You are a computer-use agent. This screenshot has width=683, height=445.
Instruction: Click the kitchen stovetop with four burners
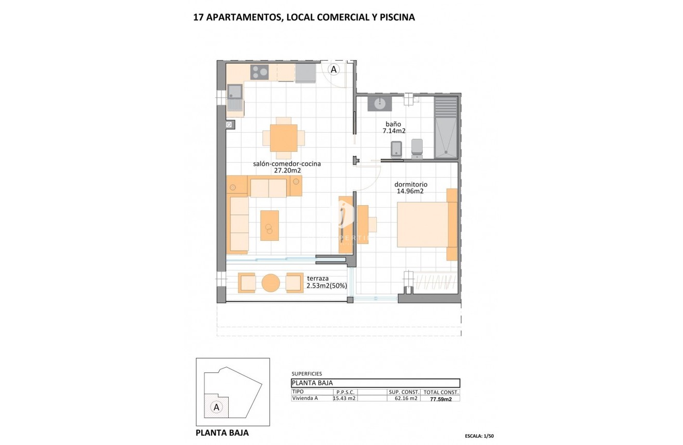(259, 72)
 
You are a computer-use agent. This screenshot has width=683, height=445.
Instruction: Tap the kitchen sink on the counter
(235, 93)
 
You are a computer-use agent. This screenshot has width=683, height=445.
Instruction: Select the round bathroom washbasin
(379, 103)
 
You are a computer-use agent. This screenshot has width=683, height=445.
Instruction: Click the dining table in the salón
(283, 138)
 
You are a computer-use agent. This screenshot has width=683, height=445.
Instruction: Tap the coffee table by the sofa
(269, 225)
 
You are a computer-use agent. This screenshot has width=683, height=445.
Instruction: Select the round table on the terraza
(271, 283)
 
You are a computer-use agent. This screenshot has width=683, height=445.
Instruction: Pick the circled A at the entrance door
(334, 69)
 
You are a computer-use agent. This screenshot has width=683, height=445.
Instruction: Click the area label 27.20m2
(287, 170)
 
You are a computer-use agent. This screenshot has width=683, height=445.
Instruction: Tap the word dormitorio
(411, 184)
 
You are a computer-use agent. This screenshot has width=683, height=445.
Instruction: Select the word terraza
(318, 278)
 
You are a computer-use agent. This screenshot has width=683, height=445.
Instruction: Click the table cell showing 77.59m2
(434, 399)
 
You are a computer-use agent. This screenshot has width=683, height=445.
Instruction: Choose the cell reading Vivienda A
(305, 398)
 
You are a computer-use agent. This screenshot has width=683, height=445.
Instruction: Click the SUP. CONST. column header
(404, 392)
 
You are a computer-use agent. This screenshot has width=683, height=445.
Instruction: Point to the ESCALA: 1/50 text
(471, 436)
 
